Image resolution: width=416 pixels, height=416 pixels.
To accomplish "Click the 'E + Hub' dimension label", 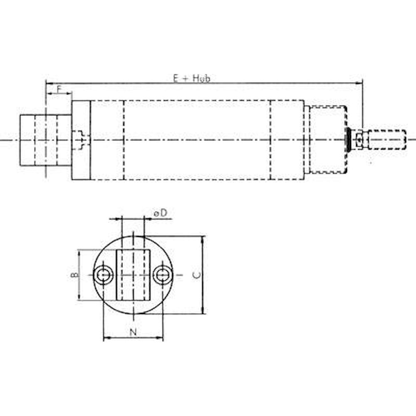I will tap(191, 78).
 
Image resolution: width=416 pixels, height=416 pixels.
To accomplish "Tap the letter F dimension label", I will tap(59, 89).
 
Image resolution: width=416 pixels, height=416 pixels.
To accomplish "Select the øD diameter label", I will tap(161, 213).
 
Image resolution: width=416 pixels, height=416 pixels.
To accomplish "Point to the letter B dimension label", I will tap(73, 275).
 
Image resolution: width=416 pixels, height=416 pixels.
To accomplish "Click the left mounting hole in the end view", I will tap(103, 275).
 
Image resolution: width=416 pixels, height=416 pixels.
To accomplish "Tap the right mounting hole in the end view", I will tap(162, 275).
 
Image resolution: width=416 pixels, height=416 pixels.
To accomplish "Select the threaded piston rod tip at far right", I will tap(387, 140).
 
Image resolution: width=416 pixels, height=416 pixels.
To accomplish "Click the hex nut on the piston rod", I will tap(359, 140).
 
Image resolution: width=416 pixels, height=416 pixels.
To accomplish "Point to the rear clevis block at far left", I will tap(45, 140).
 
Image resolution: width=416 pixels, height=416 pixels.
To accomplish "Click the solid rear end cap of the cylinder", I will tap(81, 140).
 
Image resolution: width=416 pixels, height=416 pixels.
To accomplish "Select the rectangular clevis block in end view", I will tap(133, 275).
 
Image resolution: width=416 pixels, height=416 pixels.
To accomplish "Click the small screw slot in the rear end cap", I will tap(80, 140).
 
